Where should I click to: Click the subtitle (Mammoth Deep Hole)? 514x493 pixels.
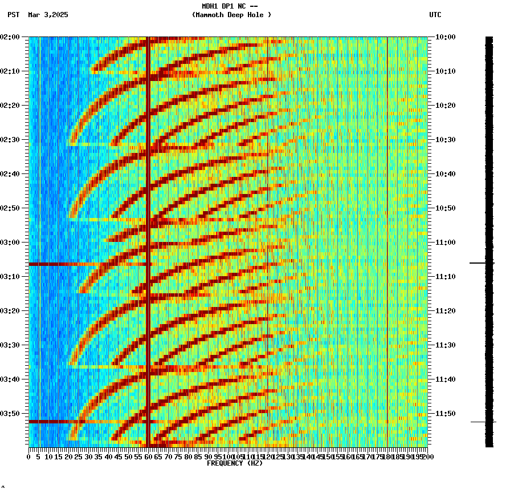click(231, 15)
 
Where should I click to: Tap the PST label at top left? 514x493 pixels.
click(14, 15)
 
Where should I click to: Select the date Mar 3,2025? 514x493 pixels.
click(48, 15)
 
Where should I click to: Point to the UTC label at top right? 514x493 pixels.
click(435, 15)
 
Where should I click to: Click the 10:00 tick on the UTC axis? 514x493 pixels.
click(445, 37)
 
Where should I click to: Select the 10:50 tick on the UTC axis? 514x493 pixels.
click(445, 208)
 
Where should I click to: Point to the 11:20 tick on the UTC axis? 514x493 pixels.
click(445, 311)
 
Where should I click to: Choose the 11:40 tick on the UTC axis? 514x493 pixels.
click(445, 379)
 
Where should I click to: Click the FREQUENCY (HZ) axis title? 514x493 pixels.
click(234, 463)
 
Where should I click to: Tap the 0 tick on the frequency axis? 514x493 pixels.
click(29, 457)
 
